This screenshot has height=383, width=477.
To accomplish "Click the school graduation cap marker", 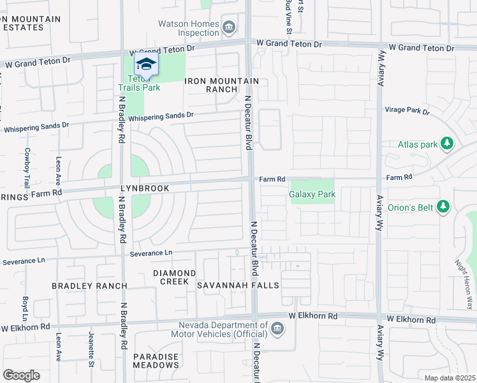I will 146,64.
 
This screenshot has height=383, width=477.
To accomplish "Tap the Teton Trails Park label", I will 139,84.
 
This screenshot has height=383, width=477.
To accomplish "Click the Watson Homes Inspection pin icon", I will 230,27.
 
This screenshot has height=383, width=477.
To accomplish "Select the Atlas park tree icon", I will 447,144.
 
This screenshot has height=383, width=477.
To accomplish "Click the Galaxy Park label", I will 311,193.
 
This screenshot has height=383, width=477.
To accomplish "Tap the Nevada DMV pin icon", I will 277,329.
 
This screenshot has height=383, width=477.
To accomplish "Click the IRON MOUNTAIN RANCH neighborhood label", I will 222,85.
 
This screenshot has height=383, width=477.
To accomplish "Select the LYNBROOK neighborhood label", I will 145,189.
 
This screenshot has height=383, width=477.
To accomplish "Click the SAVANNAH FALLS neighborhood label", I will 238,285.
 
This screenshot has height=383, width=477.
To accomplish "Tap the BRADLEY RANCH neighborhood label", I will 89,285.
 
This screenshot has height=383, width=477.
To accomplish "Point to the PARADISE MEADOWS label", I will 156,361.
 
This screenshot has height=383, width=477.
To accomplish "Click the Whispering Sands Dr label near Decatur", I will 161,117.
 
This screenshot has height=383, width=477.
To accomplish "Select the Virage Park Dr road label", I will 407,110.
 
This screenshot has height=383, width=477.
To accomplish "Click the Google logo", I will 21,375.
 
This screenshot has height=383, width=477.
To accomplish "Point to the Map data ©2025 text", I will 450,378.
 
